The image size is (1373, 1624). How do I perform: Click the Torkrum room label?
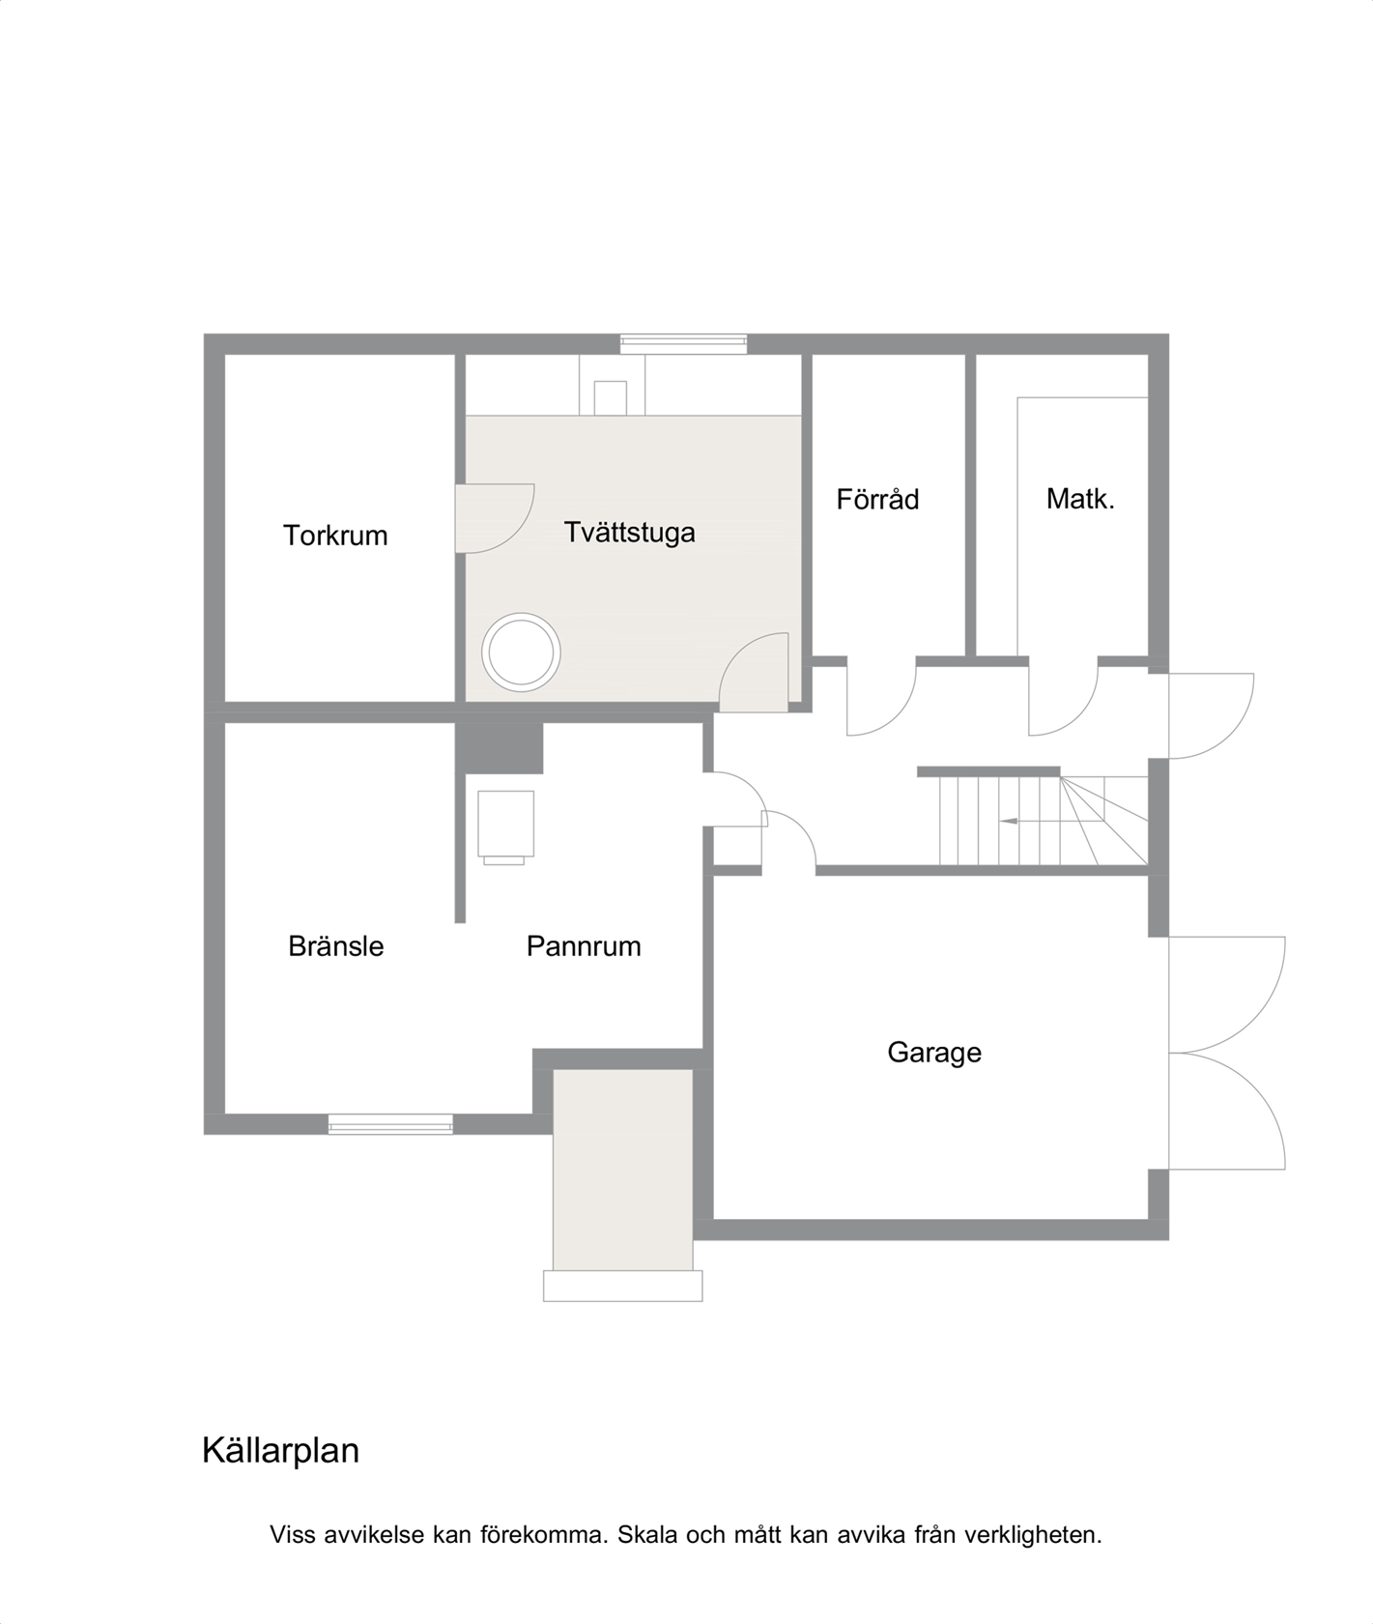(335, 536)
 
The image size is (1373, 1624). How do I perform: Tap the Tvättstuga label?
(630, 533)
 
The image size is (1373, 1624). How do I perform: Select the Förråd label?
(877, 499)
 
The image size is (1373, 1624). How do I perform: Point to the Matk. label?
(1080, 500)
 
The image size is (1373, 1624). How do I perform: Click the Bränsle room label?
(336, 946)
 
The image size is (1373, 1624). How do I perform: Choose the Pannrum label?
(584, 946)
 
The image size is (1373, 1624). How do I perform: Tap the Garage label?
(934, 1053)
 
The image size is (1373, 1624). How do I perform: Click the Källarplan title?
(280, 1450)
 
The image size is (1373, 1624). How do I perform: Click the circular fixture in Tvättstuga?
(521, 652)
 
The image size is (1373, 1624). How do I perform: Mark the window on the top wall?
(683, 343)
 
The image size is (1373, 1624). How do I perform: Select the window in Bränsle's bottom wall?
(390, 1123)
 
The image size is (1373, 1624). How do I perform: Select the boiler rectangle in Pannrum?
(505, 824)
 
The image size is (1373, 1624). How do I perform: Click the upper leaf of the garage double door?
(1227, 994)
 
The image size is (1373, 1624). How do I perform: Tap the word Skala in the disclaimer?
(647, 1535)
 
